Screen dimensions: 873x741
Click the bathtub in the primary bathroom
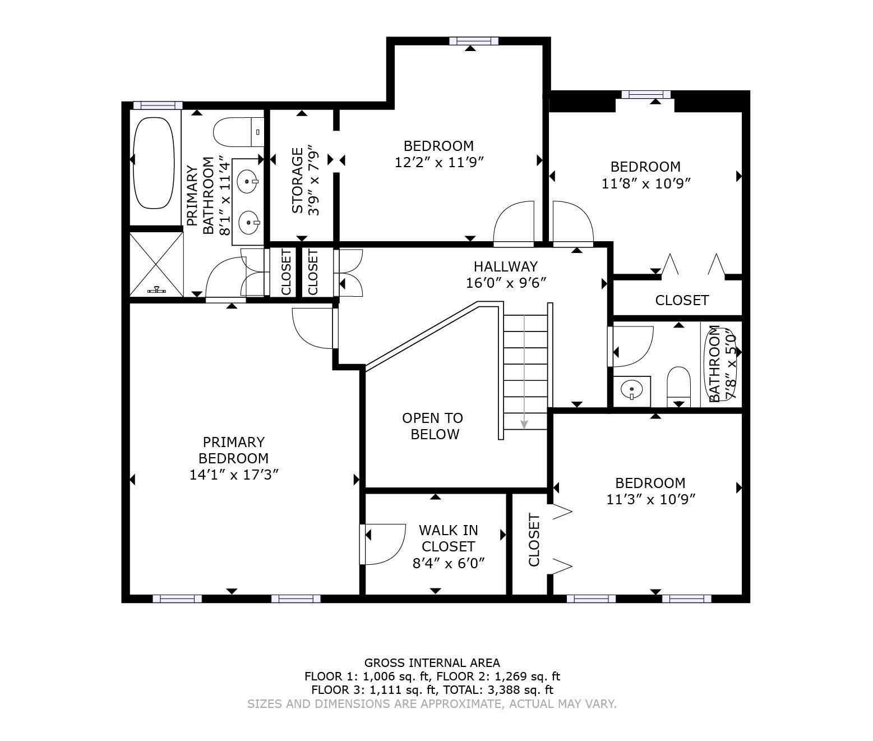(153, 163)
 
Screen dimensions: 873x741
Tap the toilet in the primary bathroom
(238, 132)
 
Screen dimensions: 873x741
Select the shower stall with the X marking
(156, 264)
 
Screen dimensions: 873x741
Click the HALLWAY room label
(506, 266)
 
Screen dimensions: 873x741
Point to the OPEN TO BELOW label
(433, 426)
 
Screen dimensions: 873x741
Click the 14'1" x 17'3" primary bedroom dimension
(234, 475)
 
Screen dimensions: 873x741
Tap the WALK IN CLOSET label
(449, 538)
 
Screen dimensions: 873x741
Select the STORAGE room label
(298, 181)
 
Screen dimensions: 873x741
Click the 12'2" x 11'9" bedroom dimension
(439, 162)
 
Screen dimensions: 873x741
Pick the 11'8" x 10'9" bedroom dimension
(646, 183)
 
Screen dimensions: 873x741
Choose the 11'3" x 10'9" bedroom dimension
(651, 499)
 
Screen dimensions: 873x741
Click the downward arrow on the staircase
(524, 372)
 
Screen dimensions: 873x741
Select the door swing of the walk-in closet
(383, 545)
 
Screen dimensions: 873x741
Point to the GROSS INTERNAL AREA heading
(432, 662)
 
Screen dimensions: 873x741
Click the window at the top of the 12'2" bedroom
(474, 41)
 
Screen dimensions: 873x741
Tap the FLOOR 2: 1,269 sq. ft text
(498, 676)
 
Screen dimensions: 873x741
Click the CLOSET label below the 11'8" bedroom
(682, 300)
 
